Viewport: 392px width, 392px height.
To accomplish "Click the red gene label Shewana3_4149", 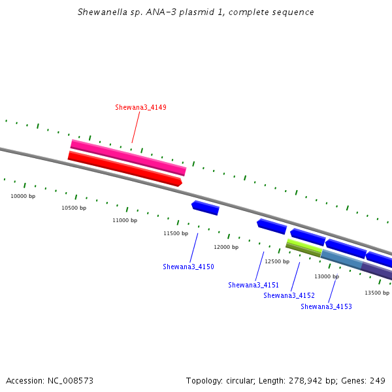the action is pos(140,107).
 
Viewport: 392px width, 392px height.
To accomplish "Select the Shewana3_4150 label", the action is pos(189,267).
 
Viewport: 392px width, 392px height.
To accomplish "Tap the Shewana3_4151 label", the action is pos(253,285).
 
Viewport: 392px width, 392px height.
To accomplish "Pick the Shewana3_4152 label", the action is pos(289,295).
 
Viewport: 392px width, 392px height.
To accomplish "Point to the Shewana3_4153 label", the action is pos(326,306).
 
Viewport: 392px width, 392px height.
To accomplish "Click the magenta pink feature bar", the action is pos(129,157).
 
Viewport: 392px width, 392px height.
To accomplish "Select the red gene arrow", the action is pos(125,169).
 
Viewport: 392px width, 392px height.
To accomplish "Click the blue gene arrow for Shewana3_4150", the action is pos(205,208).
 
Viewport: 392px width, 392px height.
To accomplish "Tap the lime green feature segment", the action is pos(304,248).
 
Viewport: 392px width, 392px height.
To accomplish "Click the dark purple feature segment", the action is pos(376,271).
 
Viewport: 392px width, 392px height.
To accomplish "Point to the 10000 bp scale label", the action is pos(23,196).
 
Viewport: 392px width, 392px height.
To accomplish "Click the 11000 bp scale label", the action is pos(125,220).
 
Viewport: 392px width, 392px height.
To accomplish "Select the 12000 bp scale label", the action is pos(226,247).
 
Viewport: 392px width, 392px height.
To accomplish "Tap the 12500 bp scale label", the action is pos(277,261).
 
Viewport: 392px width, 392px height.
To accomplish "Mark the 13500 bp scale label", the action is pos(377,293).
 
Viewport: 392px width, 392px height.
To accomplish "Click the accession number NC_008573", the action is pos(71,381).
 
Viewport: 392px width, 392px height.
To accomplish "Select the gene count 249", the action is pos(378,380).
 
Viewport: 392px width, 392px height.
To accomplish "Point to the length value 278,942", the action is pos(306,381).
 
